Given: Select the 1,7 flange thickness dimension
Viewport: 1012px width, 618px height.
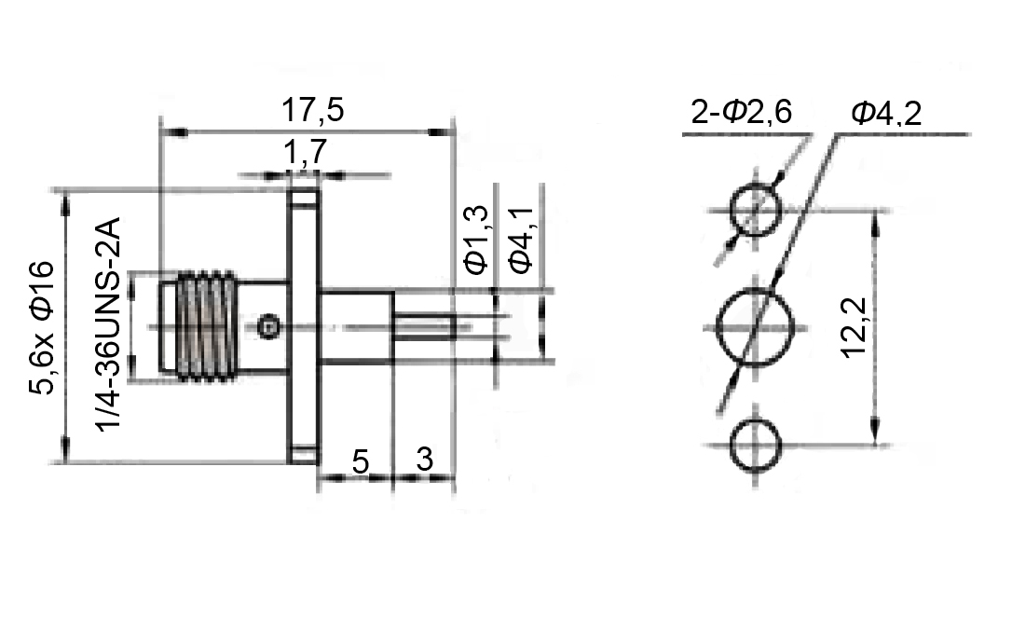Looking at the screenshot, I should point(305,152).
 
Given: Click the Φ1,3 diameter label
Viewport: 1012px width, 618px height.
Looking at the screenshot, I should point(476,240).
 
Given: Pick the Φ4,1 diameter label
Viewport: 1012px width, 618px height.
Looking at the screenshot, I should point(520,240).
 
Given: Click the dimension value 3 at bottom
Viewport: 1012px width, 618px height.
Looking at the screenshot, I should point(424,460).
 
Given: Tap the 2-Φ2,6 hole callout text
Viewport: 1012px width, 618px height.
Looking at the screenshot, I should point(741,114).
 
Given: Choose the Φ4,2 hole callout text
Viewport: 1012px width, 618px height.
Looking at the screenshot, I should point(885,114).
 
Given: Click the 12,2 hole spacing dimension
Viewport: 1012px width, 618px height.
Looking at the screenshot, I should point(855,327).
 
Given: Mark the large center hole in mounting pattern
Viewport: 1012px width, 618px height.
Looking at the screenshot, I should point(755,327).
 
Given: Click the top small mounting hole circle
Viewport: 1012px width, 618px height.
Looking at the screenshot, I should point(755,210).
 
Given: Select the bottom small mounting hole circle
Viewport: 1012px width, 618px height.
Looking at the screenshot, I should point(755,445).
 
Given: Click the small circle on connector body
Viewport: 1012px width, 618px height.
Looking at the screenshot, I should point(268,326).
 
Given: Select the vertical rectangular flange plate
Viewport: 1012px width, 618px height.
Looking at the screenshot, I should point(304,326).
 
